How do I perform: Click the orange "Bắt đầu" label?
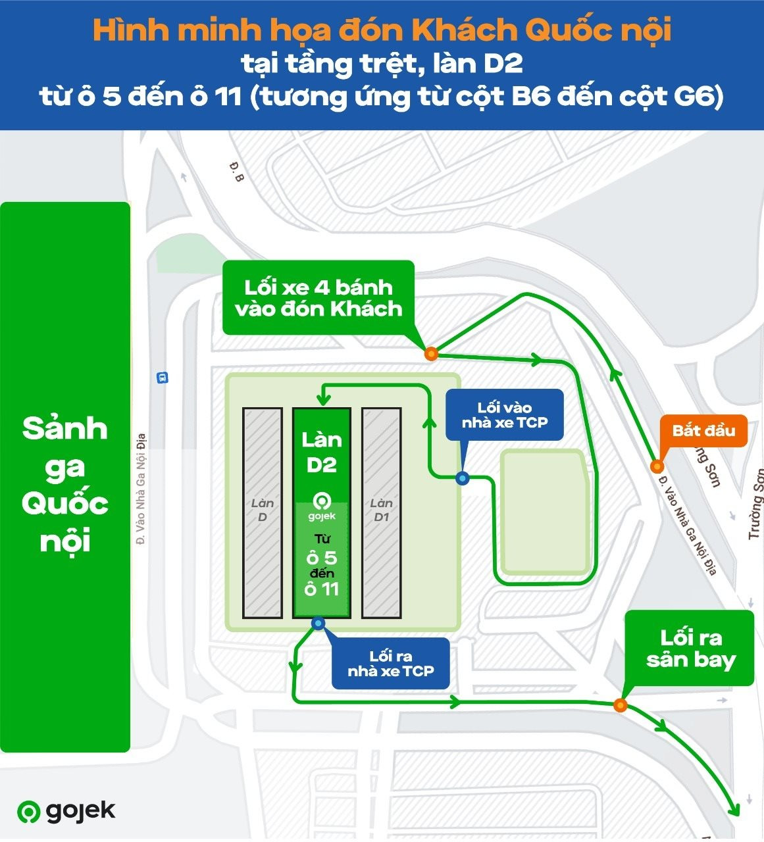click(703, 431)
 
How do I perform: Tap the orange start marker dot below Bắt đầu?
click(656, 466)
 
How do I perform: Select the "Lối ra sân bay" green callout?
click(690, 649)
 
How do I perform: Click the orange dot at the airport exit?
click(620, 705)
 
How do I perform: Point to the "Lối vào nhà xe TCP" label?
click(504, 415)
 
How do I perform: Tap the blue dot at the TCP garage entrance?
click(463, 478)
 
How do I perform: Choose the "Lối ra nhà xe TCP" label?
click(391, 663)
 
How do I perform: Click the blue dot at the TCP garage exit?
click(318, 623)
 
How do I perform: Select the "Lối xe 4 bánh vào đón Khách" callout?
click(318, 298)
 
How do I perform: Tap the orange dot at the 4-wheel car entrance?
click(431, 354)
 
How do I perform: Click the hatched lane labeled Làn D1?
click(381, 513)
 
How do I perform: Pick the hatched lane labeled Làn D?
click(263, 513)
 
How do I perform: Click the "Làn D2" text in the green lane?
click(321, 452)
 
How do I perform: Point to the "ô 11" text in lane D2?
click(322, 589)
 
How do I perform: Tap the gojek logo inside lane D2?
click(322, 506)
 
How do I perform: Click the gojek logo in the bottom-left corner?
click(66, 811)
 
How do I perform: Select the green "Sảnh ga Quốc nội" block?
click(65, 477)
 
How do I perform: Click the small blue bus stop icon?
click(162, 378)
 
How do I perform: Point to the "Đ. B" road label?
click(237, 172)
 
